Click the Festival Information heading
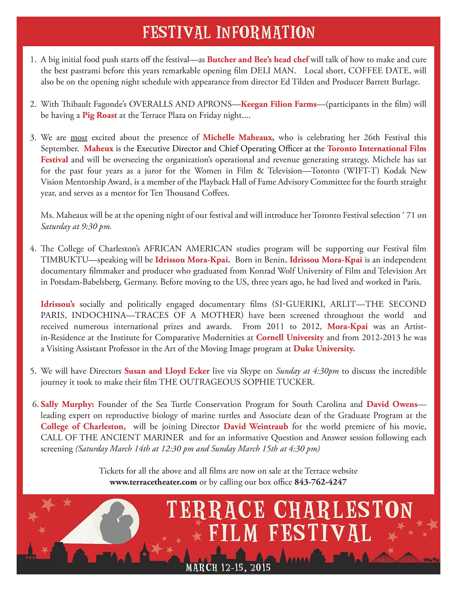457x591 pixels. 228,32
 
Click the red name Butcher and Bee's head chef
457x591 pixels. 258,59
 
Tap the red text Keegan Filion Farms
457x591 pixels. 278,104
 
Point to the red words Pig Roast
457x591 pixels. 100,116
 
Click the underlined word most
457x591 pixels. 79,137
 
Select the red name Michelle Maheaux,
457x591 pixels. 239,137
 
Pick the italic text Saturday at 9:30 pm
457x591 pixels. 76,227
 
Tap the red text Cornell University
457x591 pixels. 290,338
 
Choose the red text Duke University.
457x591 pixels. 324,348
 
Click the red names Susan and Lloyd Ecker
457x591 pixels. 167,371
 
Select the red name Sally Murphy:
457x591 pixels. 67,404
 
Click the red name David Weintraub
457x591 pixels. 255,427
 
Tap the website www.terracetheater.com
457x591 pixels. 153,482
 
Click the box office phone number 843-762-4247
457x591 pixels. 320,482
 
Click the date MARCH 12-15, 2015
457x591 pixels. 228,568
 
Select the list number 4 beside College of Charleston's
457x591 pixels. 33,249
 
